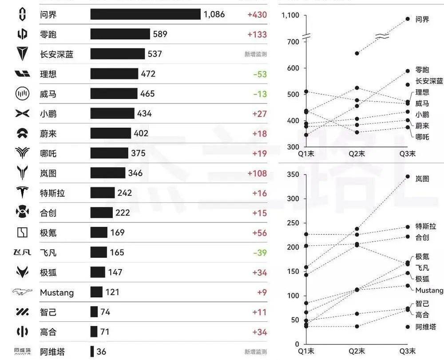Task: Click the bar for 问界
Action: [145, 15]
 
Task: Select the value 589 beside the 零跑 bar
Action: [160, 34]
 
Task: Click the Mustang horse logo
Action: [22, 292]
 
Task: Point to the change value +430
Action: [257, 15]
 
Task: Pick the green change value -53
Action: [260, 74]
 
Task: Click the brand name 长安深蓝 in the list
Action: [57, 55]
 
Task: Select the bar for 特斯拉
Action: [102, 193]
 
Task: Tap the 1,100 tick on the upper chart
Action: [290, 16]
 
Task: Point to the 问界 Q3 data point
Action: [408, 19]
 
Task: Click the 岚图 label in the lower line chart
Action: [422, 178]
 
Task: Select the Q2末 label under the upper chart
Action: [357, 154]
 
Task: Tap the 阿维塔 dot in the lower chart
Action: [408, 327]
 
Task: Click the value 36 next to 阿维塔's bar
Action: [101, 352]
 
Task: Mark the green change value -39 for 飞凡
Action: [260, 253]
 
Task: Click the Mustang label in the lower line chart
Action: [429, 290]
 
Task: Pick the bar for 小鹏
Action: [112, 114]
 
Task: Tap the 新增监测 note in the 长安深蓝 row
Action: [255, 55]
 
